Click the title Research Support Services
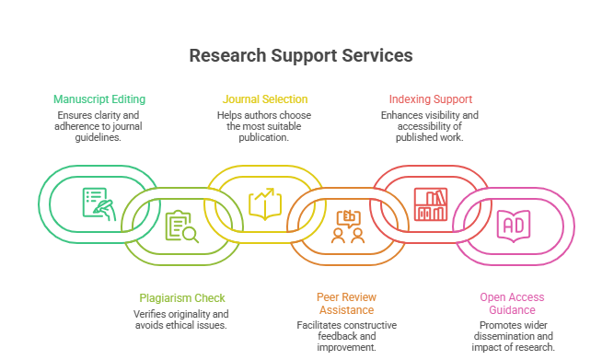[301, 55]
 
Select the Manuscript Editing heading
[99, 99]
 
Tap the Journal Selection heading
[265, 99]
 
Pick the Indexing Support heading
[431, 99]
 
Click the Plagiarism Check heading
[182, 298]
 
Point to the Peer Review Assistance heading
[346, 304]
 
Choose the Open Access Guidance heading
[512, 304]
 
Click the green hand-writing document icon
[99, 204]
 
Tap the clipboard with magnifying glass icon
[182, 226]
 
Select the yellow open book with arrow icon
[265, 204]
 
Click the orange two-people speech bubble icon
[348, 226]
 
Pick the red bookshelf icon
[431, 204]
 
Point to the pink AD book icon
[514, 226]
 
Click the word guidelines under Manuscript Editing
[98, 137]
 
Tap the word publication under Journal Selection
[264, 137]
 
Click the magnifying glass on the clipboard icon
[190, 235]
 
